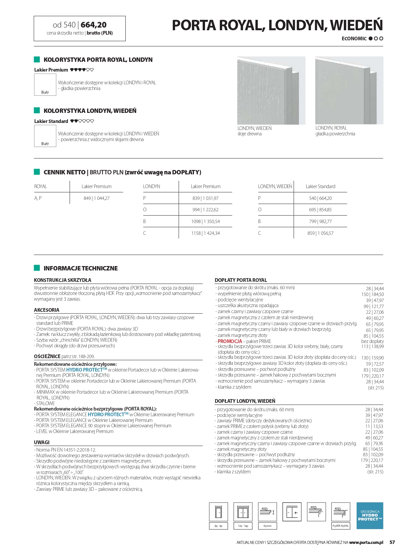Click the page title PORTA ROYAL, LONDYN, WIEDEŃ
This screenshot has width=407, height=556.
(x=277, y=25)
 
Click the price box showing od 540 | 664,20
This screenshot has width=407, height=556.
(x=80, y=28)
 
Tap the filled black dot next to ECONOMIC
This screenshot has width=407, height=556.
(x=371, y=39)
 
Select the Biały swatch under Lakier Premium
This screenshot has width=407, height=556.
(x=45, y=84)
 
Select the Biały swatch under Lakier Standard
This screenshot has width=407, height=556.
(x=45, y=136)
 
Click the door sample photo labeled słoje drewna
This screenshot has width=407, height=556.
(x=271, y=90)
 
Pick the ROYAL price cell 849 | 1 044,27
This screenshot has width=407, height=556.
(x=96, y=198)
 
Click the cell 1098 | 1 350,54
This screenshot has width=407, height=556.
(x=205, y=221)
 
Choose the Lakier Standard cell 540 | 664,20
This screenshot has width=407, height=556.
(x=320, y=198)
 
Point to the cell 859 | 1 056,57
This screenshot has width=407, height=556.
(x=320, y=233)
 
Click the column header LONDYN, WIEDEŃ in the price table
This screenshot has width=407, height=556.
(x=275, y=186)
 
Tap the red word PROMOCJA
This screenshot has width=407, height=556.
(x=230, y=341)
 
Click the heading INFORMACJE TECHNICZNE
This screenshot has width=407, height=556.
(x=80, y=268)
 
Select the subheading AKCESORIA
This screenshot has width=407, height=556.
(x=46, y=310)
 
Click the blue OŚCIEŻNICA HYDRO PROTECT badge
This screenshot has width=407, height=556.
(x=370, y=515)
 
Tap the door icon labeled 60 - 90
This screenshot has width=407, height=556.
(x=218, y=512)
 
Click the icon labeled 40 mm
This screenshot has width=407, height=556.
(x=267, y=512)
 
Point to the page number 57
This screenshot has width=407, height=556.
(x=392, y=542)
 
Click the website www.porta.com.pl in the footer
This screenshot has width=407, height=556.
(x=366, y=542)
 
